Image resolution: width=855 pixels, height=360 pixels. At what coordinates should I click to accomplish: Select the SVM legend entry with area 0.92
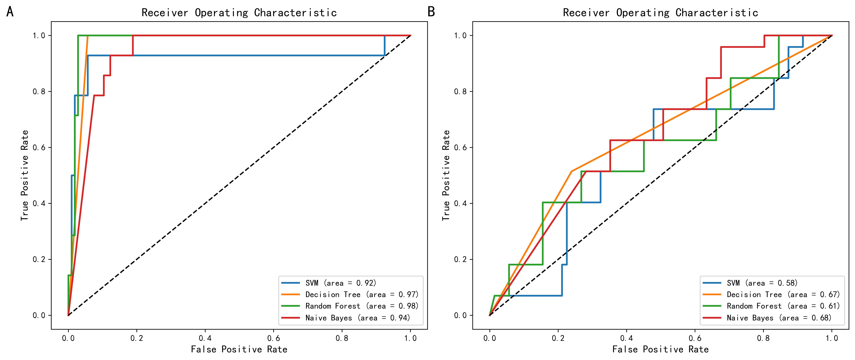(341, 283)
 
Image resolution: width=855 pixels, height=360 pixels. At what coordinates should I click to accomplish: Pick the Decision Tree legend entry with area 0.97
(362, 295)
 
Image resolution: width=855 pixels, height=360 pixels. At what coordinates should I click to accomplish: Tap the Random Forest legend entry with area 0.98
(362, 306)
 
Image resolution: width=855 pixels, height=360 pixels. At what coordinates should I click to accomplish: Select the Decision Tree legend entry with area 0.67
(783, 295)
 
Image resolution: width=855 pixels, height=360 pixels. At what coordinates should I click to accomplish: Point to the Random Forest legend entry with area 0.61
(783, 306)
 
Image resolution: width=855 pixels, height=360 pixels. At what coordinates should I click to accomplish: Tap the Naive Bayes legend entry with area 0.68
(779, 318)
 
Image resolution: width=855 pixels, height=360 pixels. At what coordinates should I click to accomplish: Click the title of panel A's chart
(239, 13)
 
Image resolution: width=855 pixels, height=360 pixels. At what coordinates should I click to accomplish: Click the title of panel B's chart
(660, 13)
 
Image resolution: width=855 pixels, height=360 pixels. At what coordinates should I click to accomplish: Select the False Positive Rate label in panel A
(239, 349)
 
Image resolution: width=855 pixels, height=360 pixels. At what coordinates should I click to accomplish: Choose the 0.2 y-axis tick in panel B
(460, 259)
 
